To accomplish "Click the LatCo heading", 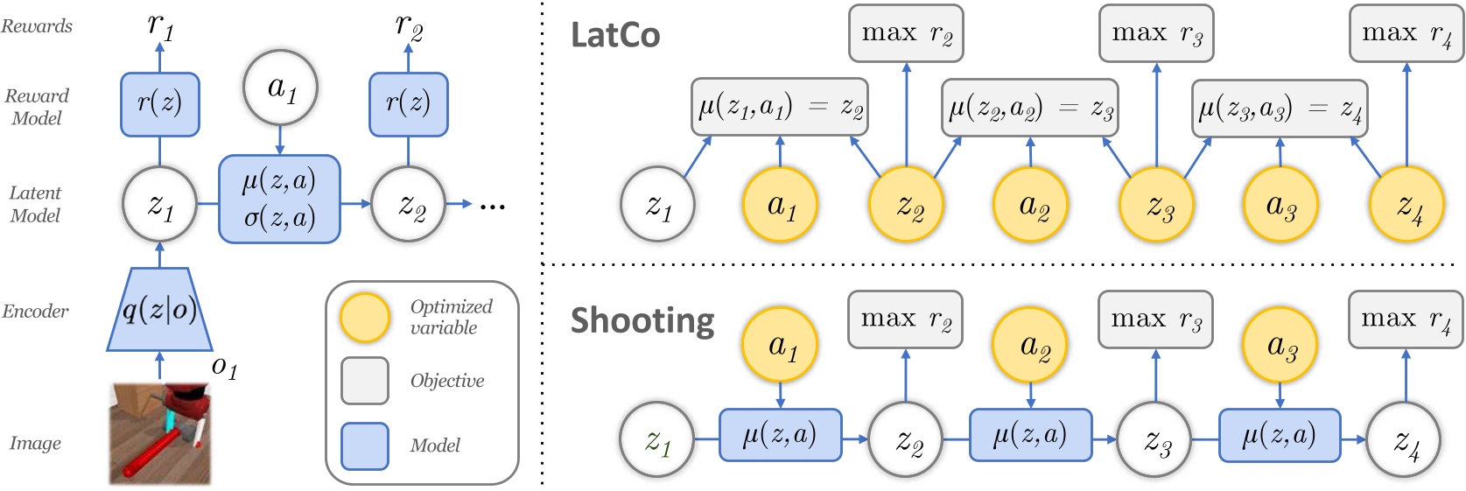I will pos(615,35).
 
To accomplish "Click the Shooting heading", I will pos(642,320).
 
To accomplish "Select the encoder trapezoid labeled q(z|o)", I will pos(159,310).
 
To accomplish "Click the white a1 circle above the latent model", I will pos(280,88).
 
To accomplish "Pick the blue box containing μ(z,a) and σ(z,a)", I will pos(279,199).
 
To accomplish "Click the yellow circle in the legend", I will pos(365,317).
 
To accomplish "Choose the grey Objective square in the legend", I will pos(365,381).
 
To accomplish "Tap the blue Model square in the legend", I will pos(365,446).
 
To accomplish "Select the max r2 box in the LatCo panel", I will pos(906,34).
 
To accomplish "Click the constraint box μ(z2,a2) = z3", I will pos(1030,108).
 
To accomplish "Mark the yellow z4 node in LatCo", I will pos(1406,205).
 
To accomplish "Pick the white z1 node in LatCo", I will pos(657,205).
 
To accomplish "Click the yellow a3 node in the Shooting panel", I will pos(1280,346).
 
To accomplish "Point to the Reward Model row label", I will pos(37,107).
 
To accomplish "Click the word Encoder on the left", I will pos(35,312).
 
